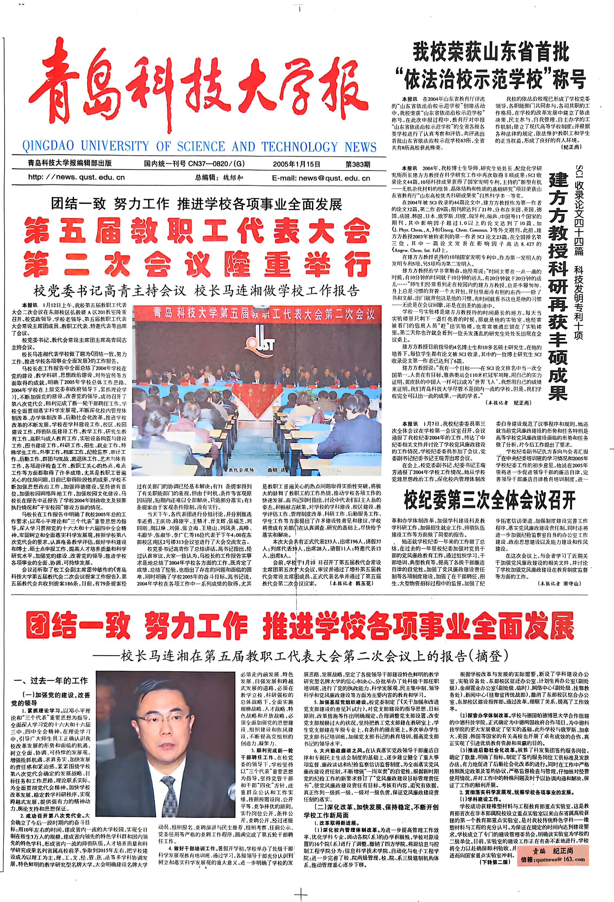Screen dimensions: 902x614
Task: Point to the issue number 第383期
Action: (358, 164)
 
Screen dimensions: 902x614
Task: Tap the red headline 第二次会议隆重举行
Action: (197, 264)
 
